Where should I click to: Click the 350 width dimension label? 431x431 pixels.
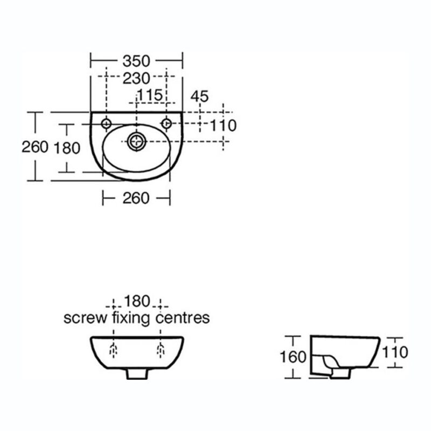point(136,61)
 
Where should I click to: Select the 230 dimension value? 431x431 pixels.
point(136,78)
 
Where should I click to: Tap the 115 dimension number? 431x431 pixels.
point(150,95)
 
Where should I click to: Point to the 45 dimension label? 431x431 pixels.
point(199,96)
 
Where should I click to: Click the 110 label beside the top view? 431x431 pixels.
point(223,126)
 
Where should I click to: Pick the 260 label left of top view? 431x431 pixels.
point(35,147)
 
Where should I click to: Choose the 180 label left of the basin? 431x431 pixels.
point(67,148)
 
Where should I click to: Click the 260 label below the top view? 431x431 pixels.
point(136,198)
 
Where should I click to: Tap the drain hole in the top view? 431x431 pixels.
point(137,142)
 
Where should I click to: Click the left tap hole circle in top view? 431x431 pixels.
point(106,124)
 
